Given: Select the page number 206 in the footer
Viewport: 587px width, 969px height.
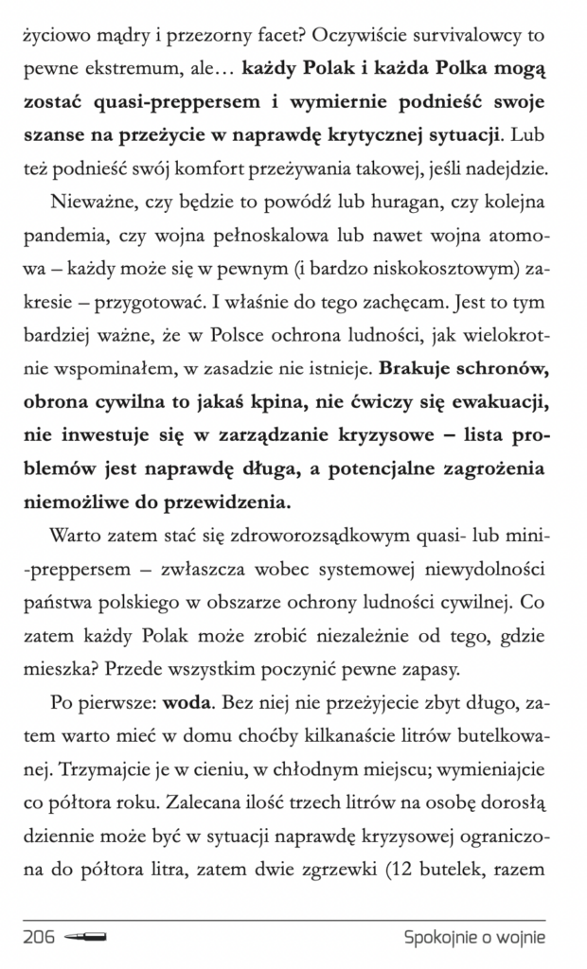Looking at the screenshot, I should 39,937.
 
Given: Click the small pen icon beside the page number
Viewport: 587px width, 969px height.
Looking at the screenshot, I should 86,937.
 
